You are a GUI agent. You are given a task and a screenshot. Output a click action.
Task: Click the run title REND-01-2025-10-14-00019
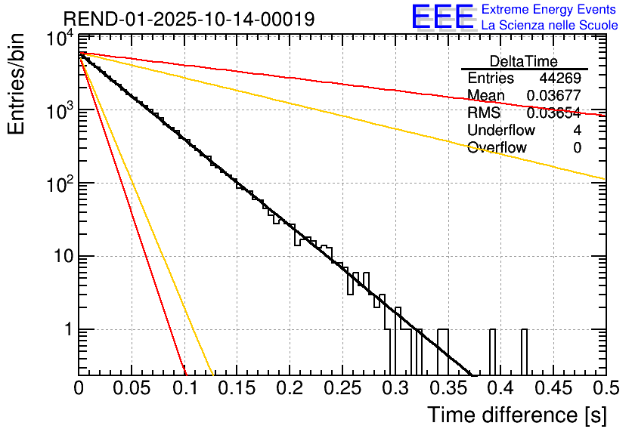pyautogui.click(x=189, y=19)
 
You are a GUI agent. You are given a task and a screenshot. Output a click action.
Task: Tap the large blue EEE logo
pyautogui.click(x=442, y=17)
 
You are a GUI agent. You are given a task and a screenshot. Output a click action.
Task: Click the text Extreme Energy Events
pyautogui.click(x=549, y=10)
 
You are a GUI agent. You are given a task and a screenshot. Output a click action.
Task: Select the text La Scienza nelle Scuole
pyautogui.click(x=549, y=25)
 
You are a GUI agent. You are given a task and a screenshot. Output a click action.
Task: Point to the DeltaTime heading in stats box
pyautogui.click(x=524, y=61)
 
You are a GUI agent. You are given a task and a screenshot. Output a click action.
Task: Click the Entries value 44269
pyautogui.click(x=560, y=79)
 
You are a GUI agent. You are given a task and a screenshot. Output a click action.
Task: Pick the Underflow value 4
pyautogui.click(x=577, y=131)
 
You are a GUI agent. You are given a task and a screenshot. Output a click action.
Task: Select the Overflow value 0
pyautogui.click(x=577, y=148)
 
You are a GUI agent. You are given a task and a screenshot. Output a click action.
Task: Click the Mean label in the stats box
pyautogui.click(x=485, y=96)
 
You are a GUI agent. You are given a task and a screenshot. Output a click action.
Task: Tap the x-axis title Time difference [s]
pyautogui.click(x=516, y=415)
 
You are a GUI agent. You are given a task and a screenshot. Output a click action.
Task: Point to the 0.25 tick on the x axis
pyautogui.click(x=342, y=388)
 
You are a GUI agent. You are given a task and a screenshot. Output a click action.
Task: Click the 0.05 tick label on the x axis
pyautogui.click(x=132, y=388)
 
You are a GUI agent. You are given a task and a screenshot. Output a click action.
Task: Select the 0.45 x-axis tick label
pyautogui.click(x=553, y=388)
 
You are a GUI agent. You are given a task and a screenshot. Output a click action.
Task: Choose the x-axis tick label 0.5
pyautogui.click(x=605, y=388)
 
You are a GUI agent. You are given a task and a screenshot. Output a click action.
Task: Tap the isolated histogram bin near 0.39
pyautogui.click(x=493, y=351)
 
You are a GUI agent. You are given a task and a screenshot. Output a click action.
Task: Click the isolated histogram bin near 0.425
pyautogui.click(x=525, y=351)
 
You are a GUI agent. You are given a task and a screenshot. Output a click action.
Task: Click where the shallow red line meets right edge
pyautogui.click(x=605, y=115)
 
